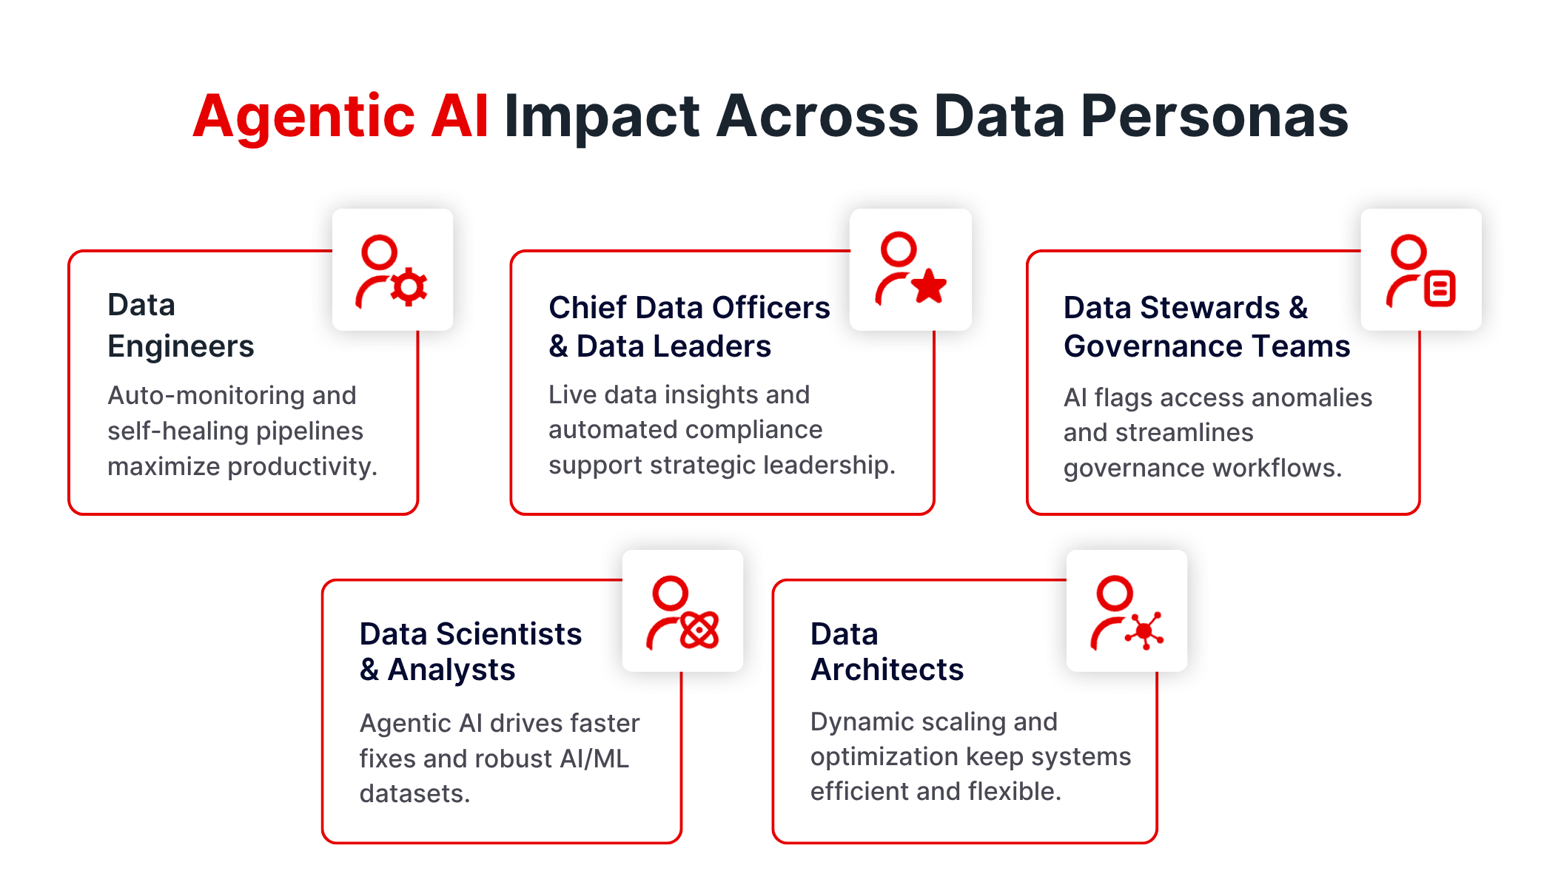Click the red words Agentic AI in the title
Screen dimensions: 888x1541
[340, 117]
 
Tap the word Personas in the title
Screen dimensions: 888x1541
[1214, 117]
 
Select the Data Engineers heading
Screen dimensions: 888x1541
[181, 326]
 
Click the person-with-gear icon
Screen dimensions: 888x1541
[392, 270]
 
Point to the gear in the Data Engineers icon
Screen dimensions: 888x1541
[409, 287]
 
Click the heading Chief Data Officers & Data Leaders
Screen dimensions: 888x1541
[688, 326]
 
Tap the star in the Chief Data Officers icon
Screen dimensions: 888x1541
[929, 286]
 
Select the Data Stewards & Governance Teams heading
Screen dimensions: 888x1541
[1206, 326]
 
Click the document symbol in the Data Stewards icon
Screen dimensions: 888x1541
[1440, 289]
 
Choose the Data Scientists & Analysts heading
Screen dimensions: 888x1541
[470, 651]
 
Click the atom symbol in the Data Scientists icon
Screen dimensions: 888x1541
[699, 630]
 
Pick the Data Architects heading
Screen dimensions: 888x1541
[887, 651]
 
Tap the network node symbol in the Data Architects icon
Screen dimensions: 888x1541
[1145, 630]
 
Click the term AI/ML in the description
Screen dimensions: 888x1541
[588, 758]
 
